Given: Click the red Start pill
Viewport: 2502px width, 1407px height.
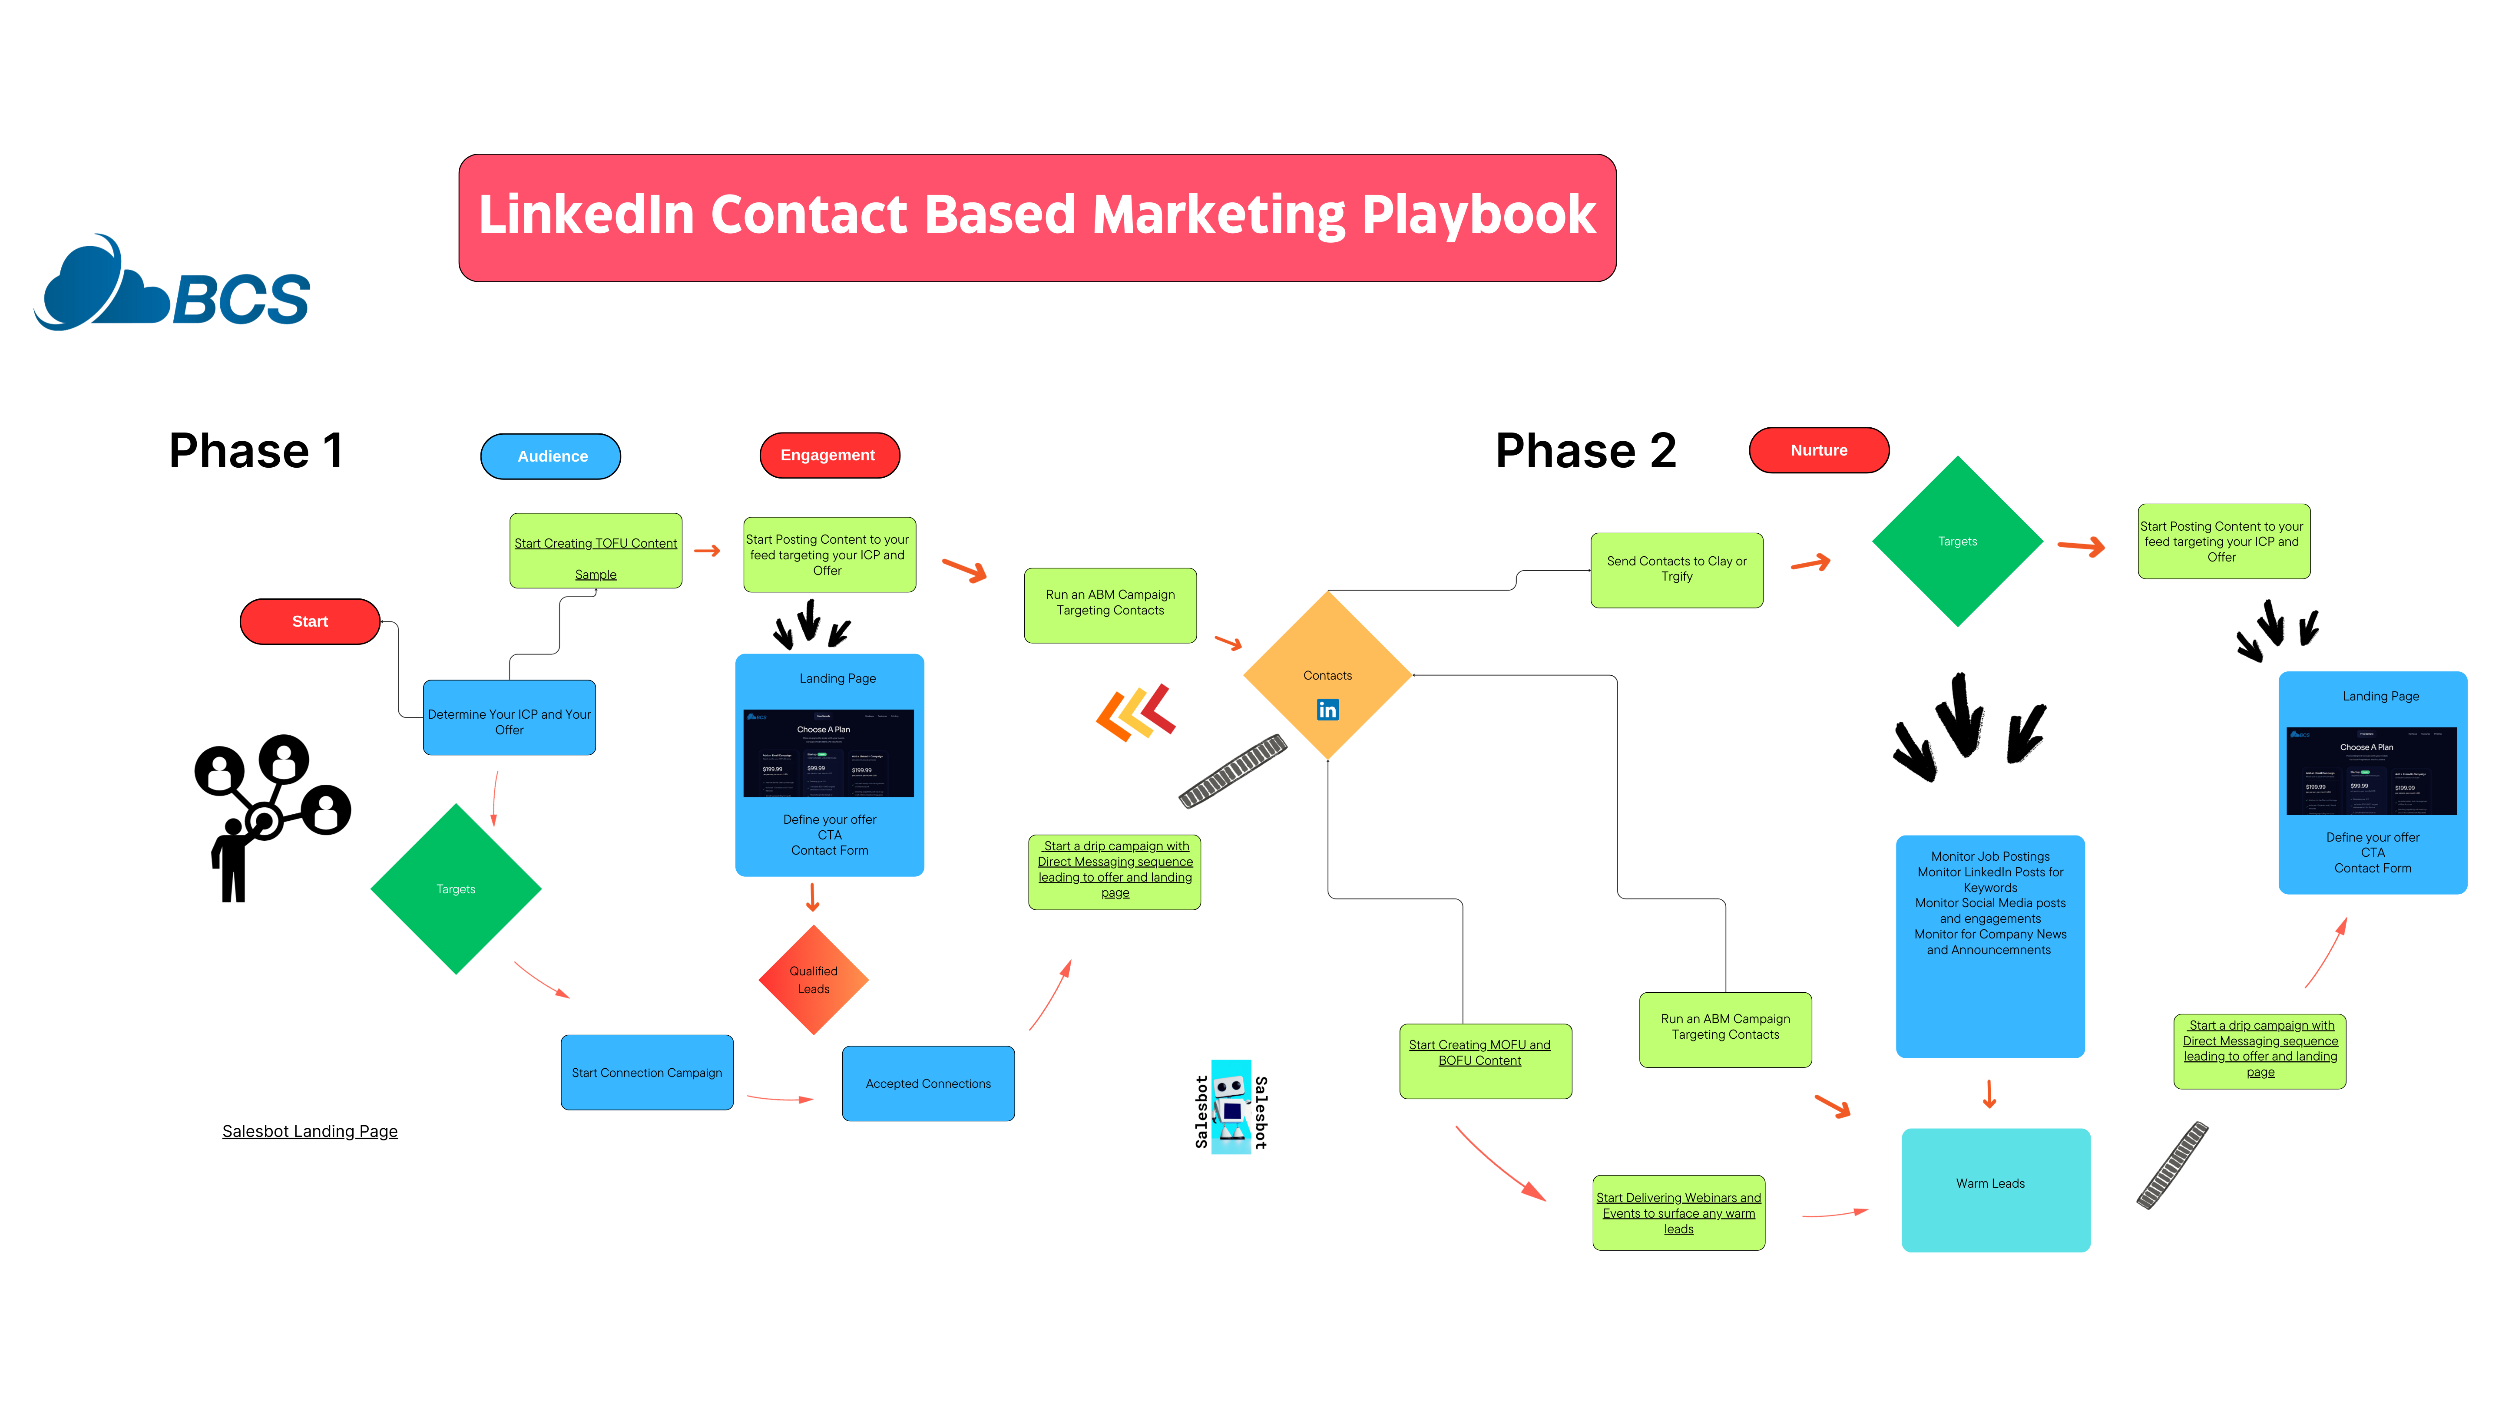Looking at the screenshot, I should (310, 621).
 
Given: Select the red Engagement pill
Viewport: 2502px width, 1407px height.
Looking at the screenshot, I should (828, 456).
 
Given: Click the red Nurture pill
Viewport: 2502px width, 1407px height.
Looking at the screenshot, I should (1818, 451).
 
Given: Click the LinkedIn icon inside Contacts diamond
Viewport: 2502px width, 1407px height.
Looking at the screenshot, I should (1327, 710).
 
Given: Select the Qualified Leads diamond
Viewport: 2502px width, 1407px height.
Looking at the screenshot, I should (813, 980).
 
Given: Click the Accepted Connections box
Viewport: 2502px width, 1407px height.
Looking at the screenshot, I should (927, 1083).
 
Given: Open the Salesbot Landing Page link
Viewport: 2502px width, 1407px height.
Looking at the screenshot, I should (310, 1131).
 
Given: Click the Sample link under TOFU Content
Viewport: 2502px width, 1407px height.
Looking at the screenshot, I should (596, 575).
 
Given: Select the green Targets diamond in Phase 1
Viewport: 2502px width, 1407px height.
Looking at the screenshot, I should (456, 888).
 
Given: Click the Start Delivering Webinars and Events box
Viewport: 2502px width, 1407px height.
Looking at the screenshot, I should (1678, 1213).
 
